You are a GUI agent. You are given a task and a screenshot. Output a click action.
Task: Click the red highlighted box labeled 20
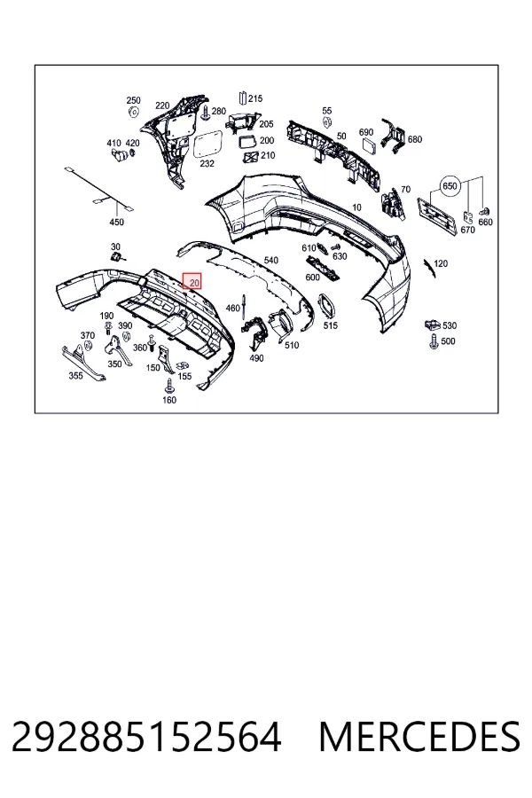click(192, 280)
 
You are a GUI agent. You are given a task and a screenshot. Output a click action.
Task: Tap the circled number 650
click(450, 186)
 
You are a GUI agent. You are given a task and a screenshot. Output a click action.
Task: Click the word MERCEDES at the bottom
click(419, 737)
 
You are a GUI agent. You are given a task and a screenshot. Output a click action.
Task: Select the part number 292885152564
click(146, 737)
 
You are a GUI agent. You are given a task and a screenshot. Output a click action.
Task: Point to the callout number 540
click(270, 260)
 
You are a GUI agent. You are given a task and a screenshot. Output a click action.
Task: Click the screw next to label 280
click(205, 113)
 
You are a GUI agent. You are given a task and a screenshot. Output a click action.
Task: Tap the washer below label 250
click(133, 112)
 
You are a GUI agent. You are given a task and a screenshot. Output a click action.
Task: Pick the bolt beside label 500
click(434, 341)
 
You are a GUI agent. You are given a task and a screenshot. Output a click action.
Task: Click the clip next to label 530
click(432, 324)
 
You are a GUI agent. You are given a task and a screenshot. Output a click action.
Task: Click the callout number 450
click(116, 222)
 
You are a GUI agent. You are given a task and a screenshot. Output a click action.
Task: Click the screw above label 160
click(169, 386)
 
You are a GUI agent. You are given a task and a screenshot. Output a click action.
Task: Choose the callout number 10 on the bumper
click(356, 207)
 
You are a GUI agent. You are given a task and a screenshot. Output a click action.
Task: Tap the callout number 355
click(75, 376)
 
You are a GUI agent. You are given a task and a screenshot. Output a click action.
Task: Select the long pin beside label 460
click(245, 307)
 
